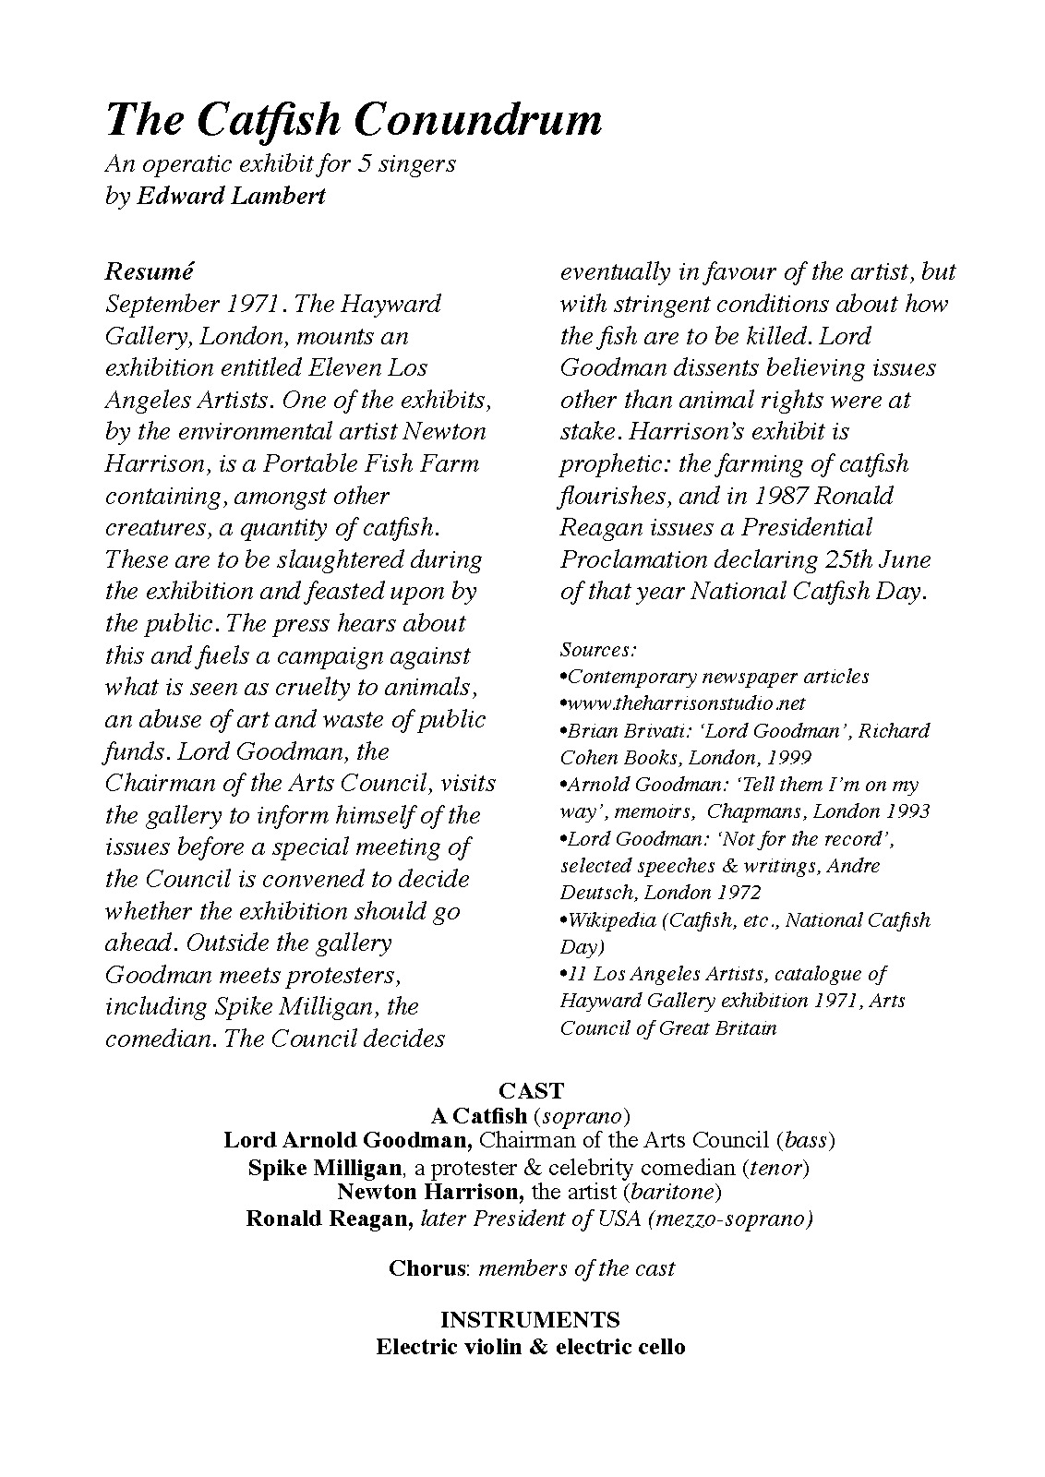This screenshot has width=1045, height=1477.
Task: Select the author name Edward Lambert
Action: [x=231, y=196]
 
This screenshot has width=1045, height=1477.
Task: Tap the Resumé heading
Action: [x=150, y=271]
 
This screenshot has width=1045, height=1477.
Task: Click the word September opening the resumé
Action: [x=162, y=305]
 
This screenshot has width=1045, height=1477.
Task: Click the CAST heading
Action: [x=531, y=1090]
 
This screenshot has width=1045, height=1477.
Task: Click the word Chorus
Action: [x=425, y=1268]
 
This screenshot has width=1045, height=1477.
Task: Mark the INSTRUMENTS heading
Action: [x=530, y=1319]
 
